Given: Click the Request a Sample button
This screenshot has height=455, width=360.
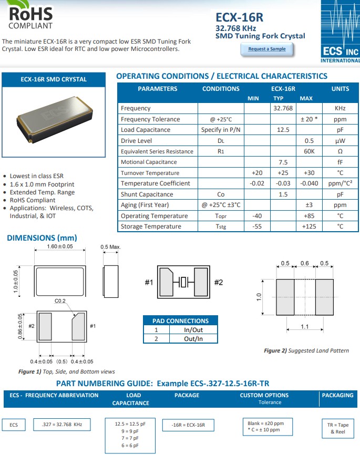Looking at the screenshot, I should pos(267,49).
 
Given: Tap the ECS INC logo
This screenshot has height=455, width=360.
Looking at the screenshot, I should pos(340,32).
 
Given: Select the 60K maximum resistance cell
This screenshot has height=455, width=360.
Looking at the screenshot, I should pos(310,151).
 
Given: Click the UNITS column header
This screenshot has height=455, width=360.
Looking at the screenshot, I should pos(340,89).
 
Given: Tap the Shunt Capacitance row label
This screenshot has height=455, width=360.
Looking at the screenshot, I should pos(147,194).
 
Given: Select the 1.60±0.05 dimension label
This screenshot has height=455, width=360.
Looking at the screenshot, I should pos(59,246).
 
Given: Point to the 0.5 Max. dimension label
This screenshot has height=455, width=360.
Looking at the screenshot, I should pos(110,246).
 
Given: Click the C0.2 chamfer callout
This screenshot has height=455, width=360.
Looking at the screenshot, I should pos(60,301).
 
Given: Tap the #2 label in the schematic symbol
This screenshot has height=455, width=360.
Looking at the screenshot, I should pos(219,283).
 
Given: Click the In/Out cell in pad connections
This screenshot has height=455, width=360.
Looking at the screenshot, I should pos(193,330).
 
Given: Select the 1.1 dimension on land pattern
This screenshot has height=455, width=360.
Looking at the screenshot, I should pos(304,327).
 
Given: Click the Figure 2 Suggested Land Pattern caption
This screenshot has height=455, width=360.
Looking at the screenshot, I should pos(306,350).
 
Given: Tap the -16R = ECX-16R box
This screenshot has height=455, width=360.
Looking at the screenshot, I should pos(189,425).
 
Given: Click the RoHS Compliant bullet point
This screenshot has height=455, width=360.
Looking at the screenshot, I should pos(33,200).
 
